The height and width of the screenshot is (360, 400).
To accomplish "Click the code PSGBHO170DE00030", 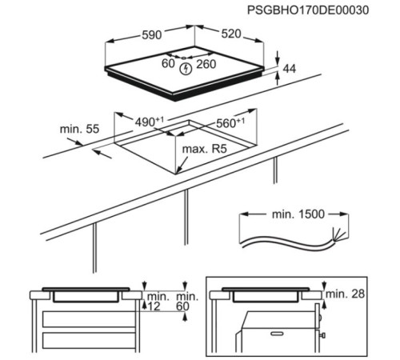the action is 308,10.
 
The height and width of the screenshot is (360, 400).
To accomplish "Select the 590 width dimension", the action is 152,35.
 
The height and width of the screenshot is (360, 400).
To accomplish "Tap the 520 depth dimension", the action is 231,34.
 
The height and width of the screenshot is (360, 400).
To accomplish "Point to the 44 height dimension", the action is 290,69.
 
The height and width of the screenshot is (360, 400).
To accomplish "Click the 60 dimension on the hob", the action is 168,63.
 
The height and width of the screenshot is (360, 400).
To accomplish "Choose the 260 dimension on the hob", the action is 206,64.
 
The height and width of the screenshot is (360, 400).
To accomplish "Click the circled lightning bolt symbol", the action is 186,69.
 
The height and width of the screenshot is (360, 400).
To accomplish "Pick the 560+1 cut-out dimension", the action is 230,123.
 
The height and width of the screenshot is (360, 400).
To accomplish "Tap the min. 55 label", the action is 79,129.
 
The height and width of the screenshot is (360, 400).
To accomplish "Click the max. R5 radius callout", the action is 204,149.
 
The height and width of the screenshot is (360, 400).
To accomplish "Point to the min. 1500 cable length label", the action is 298,214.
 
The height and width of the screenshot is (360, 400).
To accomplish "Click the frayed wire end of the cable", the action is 339,234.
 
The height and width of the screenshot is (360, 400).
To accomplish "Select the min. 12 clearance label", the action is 158,302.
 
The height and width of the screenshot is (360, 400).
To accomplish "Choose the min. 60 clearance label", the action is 187,302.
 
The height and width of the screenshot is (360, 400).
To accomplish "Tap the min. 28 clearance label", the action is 345,294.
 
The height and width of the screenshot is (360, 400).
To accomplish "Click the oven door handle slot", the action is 278,334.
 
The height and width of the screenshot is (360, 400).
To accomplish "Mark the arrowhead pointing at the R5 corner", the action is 179,170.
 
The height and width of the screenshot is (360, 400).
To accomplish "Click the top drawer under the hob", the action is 89,319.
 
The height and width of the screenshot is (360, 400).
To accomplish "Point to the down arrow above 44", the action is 278,57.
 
